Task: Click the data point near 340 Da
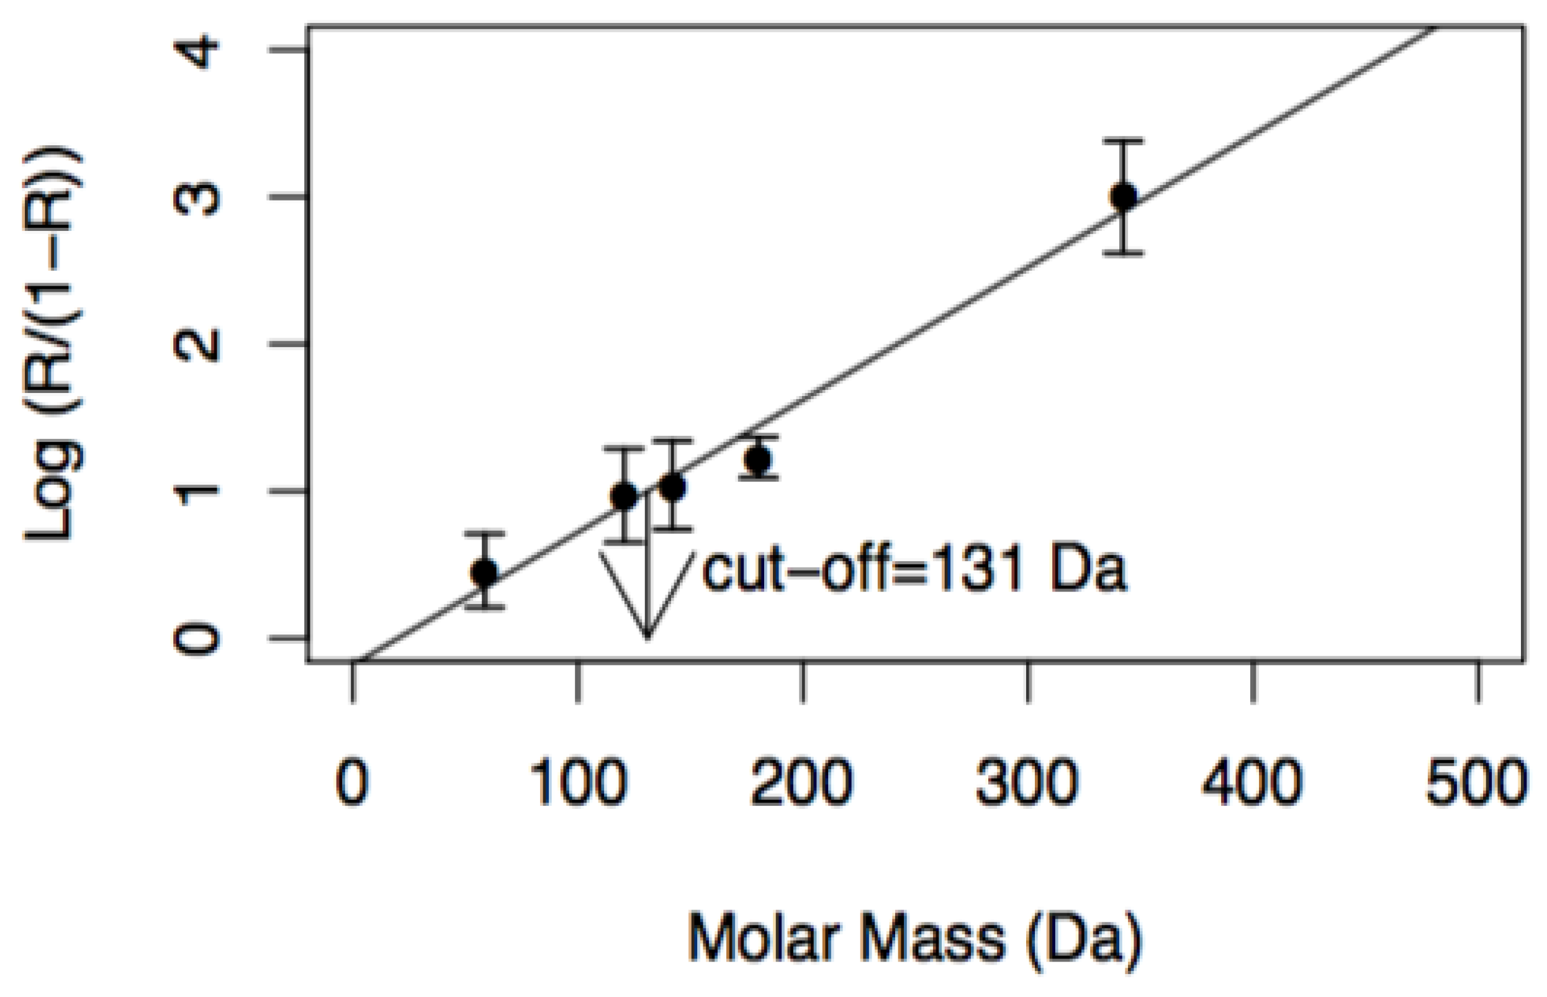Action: tap(1123, 196)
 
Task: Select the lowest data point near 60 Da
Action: tap(484, 572)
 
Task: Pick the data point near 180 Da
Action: tap(758, 459)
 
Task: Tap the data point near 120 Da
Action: tap(623, 497)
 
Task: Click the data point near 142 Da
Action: tap(672, 487)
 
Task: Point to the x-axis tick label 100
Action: tap(578, 782)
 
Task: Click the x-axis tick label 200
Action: tap(803, 782)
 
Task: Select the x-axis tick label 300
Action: tap(1027, 782)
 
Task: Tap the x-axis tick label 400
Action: tap(1253, 782)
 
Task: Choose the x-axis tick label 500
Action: tap(1477, 782)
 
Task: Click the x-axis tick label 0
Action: tap(353, 782)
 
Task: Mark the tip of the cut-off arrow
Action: tap(647, 637)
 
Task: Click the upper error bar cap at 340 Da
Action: tap(1123, 140)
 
